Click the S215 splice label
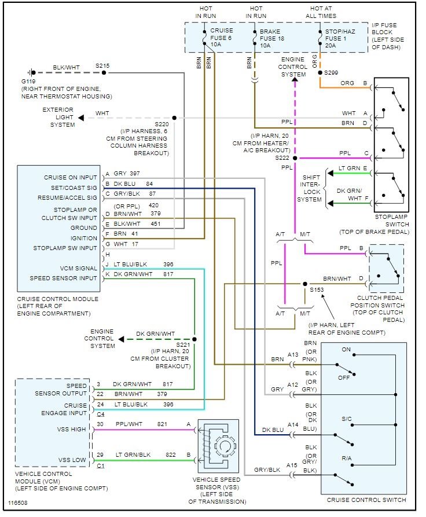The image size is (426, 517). pyautogui.click(x=102, y=65)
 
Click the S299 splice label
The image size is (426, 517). pyautogui.click(x=331, y=72)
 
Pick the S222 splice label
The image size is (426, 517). pyautogui.click(x=282, y=157)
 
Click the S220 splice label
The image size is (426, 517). pyautogui.click(x=163, y=124)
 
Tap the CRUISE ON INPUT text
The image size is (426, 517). pyautogui.click(x=71, y=177)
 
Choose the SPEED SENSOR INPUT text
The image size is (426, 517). pyautogui.click(x=64, y=278)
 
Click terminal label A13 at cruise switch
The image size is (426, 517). pyautogui.click(x=293, y=355)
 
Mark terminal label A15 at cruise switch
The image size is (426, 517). pyautogui.click(x=293, y=465)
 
